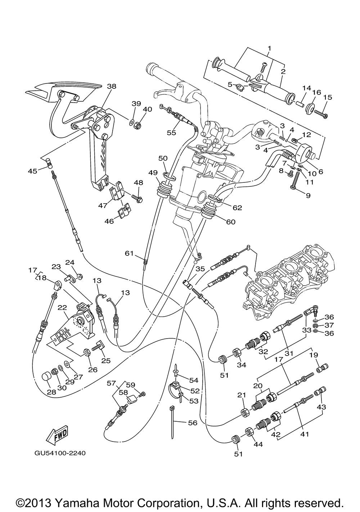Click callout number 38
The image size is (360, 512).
coord(111,86)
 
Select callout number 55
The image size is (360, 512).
coord(171,132)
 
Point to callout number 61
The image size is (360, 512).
coord(129,253)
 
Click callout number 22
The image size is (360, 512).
coord(62,308)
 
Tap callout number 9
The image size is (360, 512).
coord(308,195)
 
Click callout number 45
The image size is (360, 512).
coord(32,171)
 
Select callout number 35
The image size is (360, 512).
coord(200,269)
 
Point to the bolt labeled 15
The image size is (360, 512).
coord(321,114)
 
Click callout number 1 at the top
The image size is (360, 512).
coord(269,48)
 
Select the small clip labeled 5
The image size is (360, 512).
coord(240,87)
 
